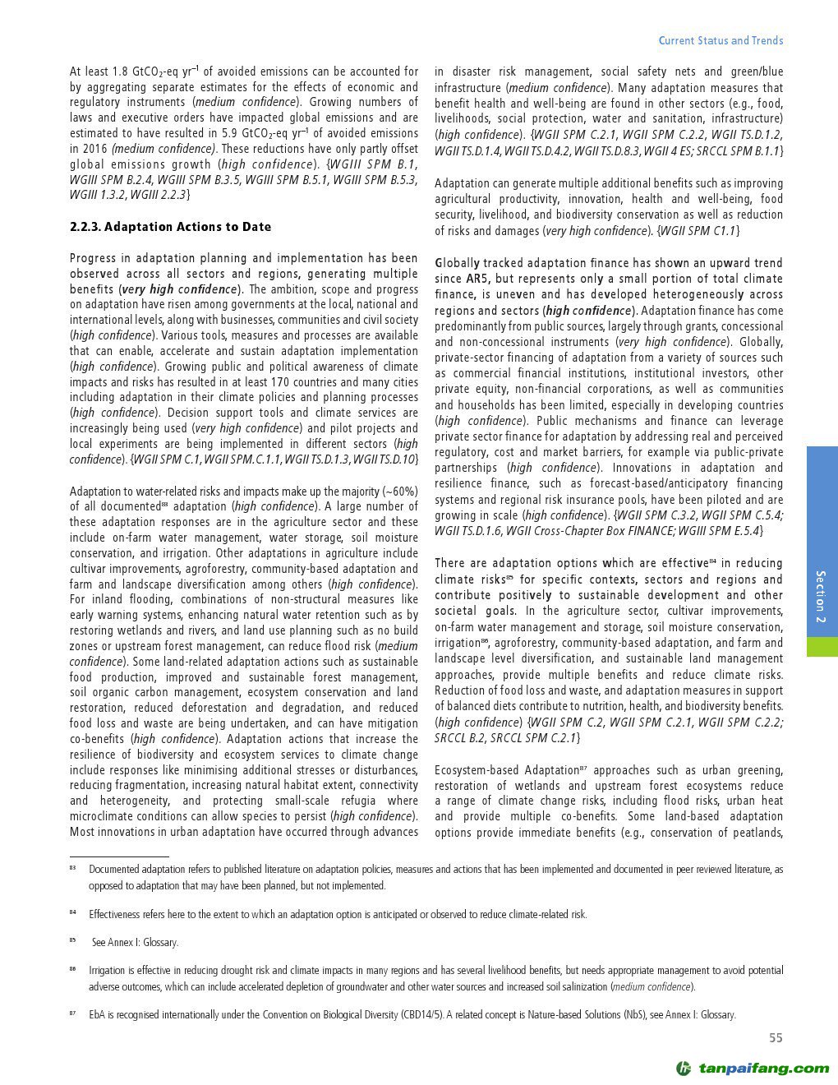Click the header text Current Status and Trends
[721, 40]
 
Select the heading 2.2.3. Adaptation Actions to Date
[170, 227]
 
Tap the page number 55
[776, 1038]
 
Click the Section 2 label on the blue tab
[821, 597]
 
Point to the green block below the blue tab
[822, 646]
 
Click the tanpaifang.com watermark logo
[752, 1069]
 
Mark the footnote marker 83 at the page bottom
[72, 868]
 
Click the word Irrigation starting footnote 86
[108, 971]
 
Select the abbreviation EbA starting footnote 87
[97, 1015]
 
